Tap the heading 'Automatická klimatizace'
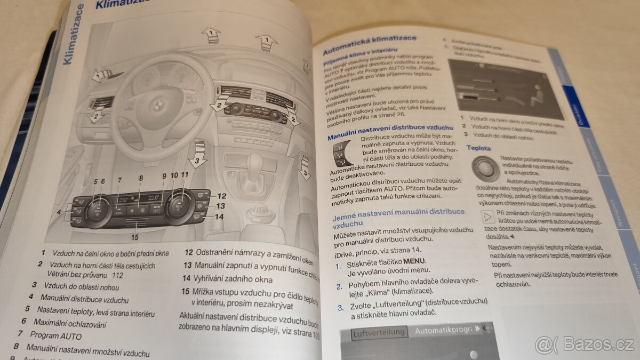(370, 46)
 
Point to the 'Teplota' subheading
(478, 148)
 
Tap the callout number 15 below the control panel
(135, 237)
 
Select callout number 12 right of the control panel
(221, 196)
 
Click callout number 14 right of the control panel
(220, 217)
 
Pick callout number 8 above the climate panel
(141, 179)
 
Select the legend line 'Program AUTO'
(55, 335)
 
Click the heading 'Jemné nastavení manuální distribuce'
(398, 217)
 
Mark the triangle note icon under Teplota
(486, 217)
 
